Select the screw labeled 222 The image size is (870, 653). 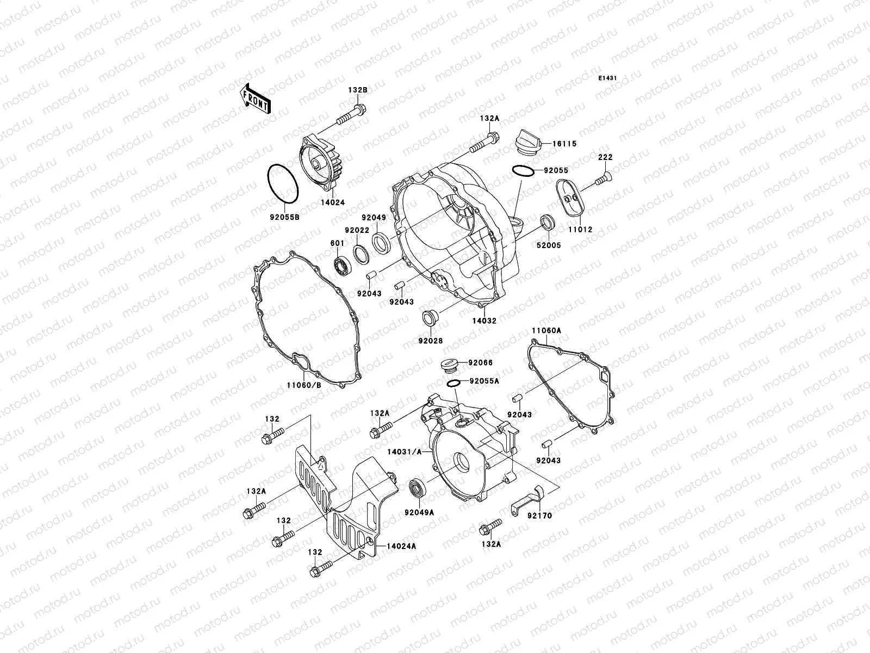[600, 176]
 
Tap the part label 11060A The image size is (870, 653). [546, 330]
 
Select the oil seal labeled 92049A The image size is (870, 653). [418, 486]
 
